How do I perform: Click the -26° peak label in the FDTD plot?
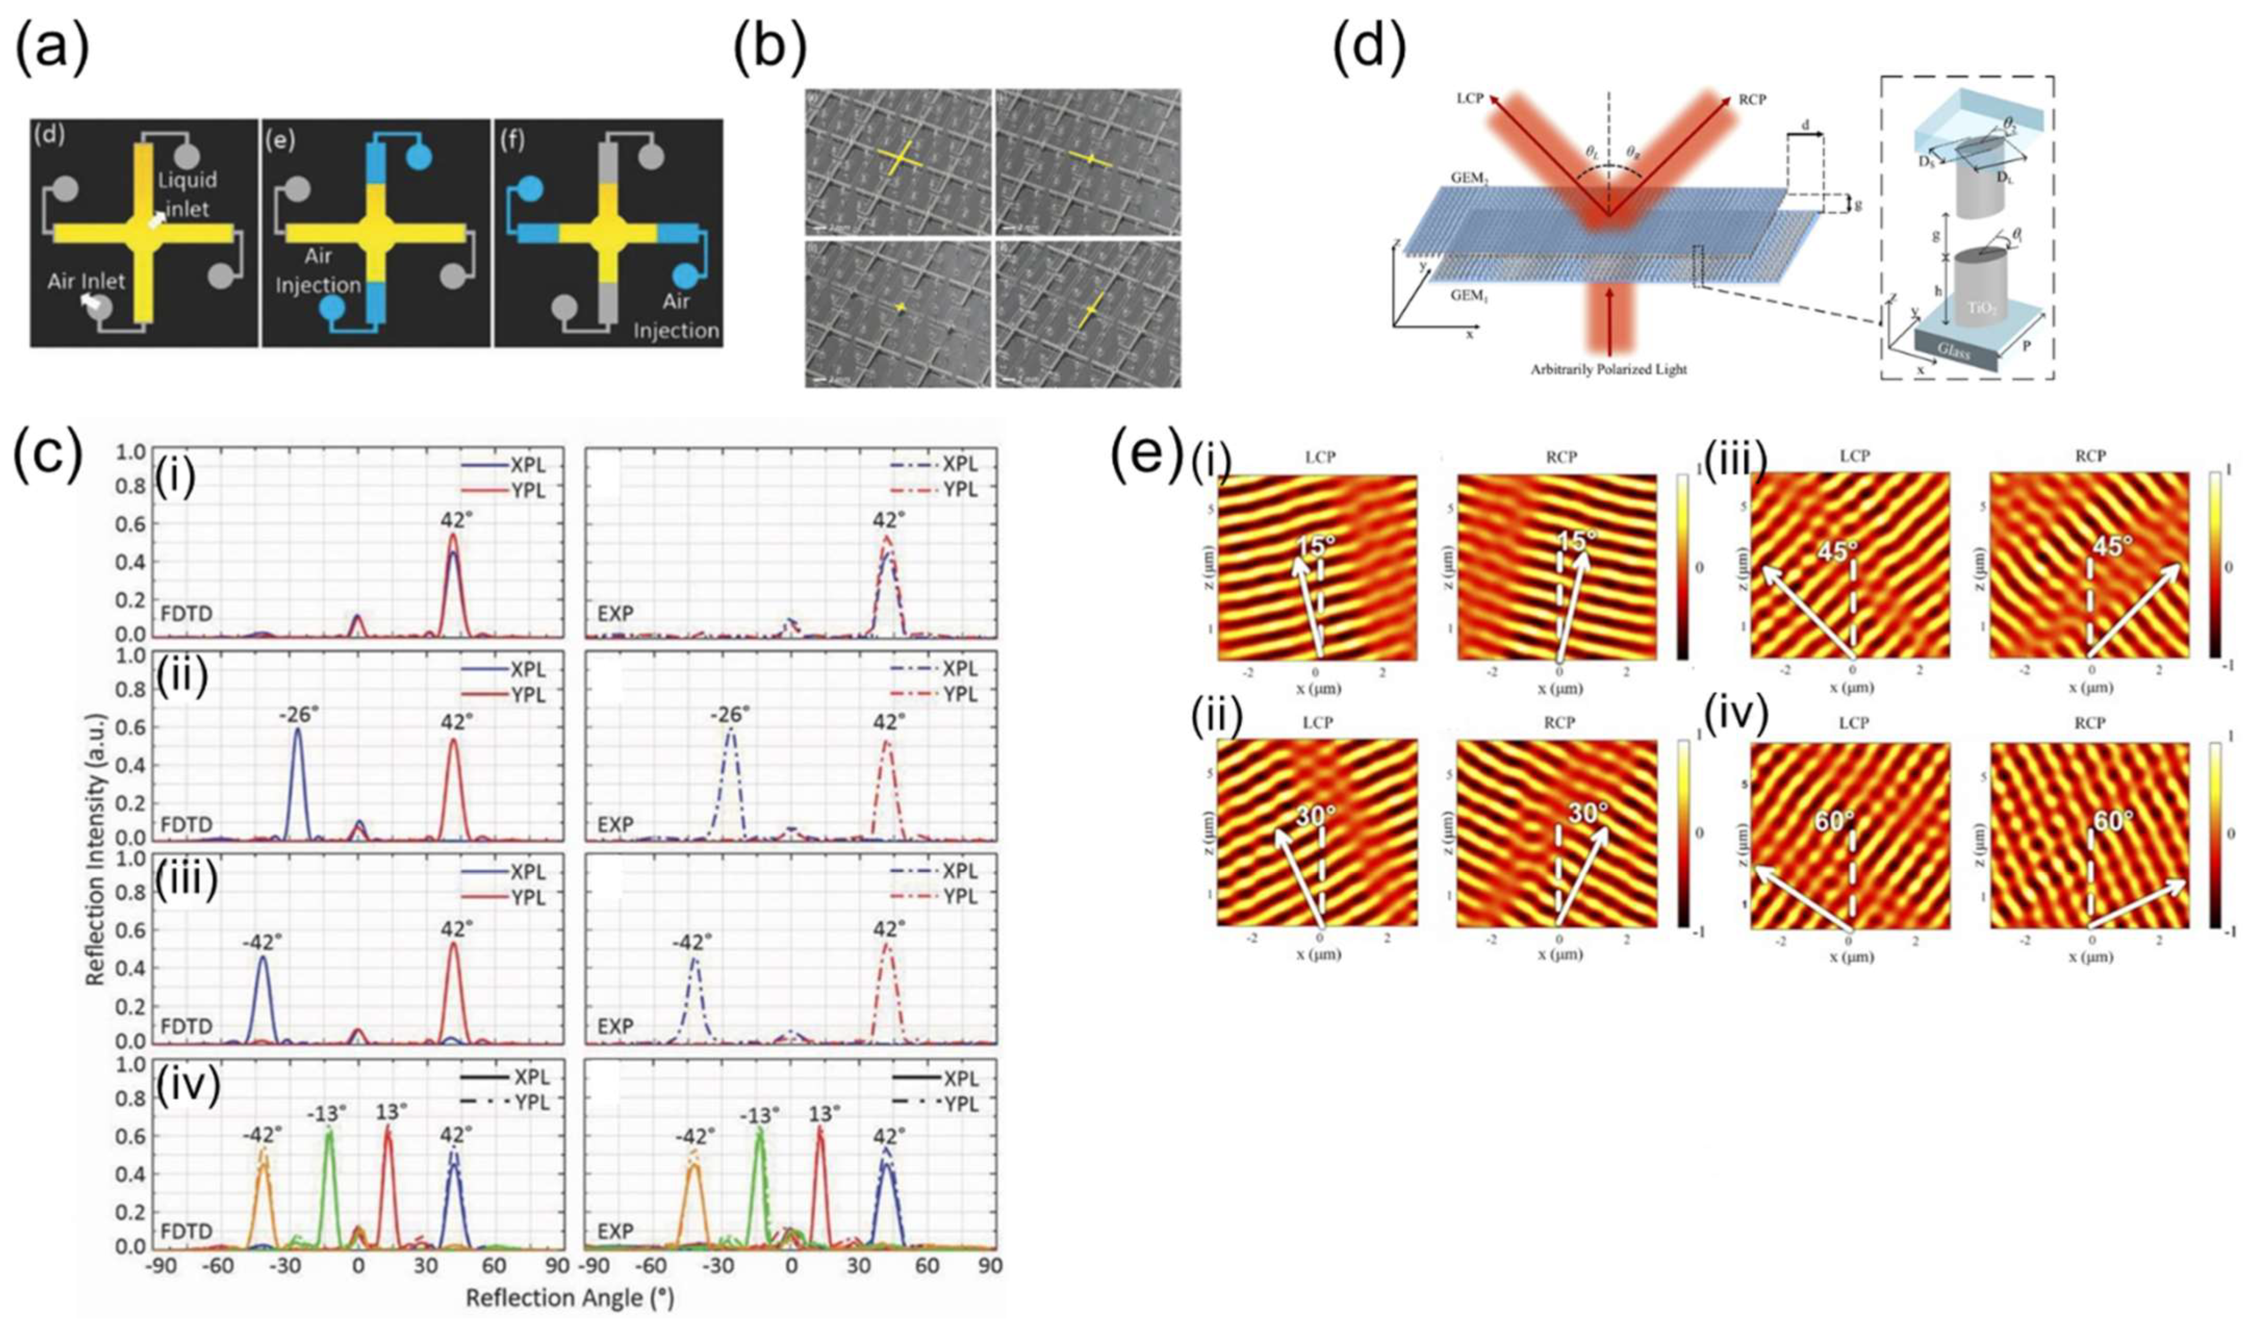296,714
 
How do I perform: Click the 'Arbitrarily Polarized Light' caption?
1608,369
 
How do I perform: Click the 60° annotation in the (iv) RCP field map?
2112,820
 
